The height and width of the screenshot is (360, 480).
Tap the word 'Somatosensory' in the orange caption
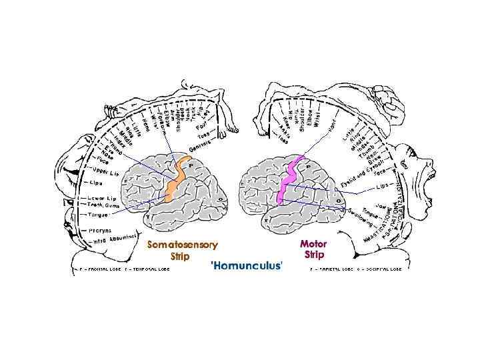click(182, 245)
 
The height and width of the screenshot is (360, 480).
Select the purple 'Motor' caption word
click(313, 244)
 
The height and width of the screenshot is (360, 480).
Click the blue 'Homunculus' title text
click(246, 265)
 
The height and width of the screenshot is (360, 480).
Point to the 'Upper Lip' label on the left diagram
click(105, 172)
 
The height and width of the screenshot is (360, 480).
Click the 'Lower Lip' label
click(102, 198)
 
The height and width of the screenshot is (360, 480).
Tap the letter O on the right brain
click(338, 200)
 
